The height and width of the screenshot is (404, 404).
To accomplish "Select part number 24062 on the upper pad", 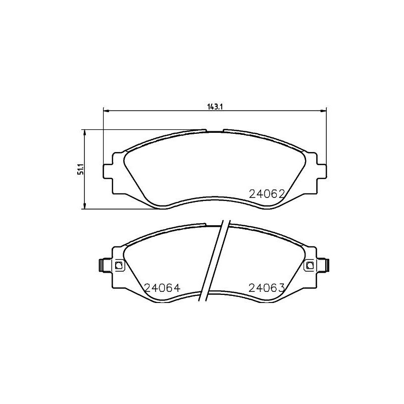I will [x=268, y=193].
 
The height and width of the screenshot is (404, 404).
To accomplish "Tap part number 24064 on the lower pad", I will [x=162, y=288].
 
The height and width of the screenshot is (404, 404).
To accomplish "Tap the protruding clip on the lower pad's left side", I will [x=102, y=264].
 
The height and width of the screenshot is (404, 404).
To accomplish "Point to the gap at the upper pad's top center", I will [x=215, y=130].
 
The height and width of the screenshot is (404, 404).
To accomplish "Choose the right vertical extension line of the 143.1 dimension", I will [x=327, y=136].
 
